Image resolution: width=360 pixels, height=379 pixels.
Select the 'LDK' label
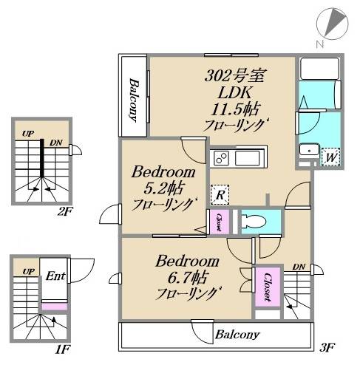(236, 92)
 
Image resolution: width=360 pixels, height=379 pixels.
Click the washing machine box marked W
(331, 157)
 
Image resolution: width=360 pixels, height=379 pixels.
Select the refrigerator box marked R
(219, 194)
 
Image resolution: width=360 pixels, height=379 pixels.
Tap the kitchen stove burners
(220, 158)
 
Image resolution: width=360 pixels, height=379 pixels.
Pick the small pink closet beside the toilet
(219, 220)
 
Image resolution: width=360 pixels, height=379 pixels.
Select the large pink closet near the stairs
(267, 286)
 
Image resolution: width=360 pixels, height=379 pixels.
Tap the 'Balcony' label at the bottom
(237, 335)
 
